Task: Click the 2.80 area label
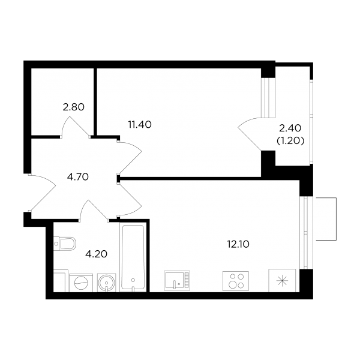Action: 73,107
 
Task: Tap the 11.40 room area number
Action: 140,125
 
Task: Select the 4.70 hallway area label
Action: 78,177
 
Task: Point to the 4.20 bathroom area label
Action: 96,254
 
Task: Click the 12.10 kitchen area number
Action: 238,244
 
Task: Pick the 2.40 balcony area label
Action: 290,128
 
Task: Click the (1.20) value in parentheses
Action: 290,141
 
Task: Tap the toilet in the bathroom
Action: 65,244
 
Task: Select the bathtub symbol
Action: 133,258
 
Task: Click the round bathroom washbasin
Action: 106,283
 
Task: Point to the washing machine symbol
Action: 81,283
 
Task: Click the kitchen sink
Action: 177,281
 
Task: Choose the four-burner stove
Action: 236,281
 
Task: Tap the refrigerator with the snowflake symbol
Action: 282,281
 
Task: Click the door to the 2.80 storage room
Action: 76,126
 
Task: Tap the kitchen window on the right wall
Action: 305,233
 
